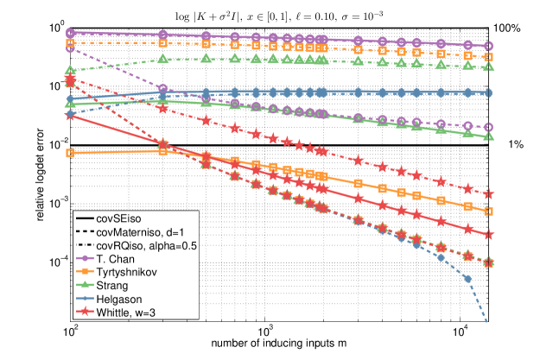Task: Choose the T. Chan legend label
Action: (114, 259)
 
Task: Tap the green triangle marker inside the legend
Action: (85, 285)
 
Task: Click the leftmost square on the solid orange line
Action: (69, 154)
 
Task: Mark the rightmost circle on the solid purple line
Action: (489, 46)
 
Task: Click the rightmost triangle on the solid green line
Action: (489, 136)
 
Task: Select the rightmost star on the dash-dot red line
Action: (489, 194)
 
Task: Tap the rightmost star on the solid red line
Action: (489, 235)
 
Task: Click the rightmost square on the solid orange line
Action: (489, 211)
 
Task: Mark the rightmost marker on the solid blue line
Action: (489, 92)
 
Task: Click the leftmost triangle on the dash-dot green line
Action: (69, 71)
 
